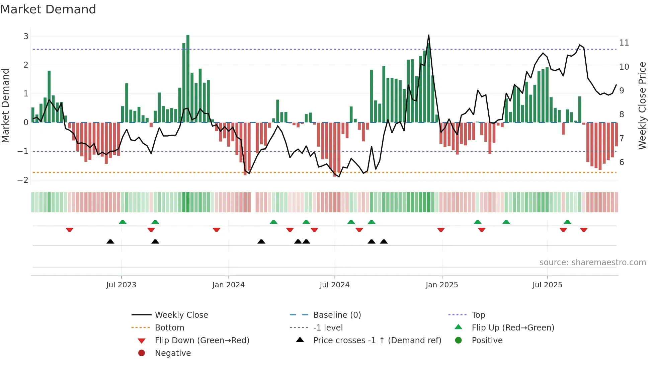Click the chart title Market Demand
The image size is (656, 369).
coord(48,9)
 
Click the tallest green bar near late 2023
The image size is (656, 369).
coord(188,79)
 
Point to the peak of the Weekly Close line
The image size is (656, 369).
coord(428,35)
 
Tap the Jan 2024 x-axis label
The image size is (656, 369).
coord(228,285)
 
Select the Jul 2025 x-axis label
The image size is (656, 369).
coord(547,285)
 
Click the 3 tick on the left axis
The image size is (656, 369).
coord(26,36)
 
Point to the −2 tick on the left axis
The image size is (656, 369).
coord(23,180)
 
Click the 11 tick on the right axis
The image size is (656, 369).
coord(624,43)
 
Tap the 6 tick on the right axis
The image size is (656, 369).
coord(622,162)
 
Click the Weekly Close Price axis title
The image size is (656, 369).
coord(642,105)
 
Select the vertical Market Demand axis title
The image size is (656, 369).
coord(6,105)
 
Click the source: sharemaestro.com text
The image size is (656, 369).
coord(592,263)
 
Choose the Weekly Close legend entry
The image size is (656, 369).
coord(181,315)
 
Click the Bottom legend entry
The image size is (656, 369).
coord(169,328)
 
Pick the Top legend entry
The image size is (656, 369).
coord(478,315)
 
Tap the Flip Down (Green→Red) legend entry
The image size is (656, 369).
coord(202,341)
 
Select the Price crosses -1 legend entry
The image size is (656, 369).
coord(377,341)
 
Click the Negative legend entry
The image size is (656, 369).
coord(173,353)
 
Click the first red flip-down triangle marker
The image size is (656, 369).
coord(70,230)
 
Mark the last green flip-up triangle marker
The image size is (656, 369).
coord(567,222)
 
